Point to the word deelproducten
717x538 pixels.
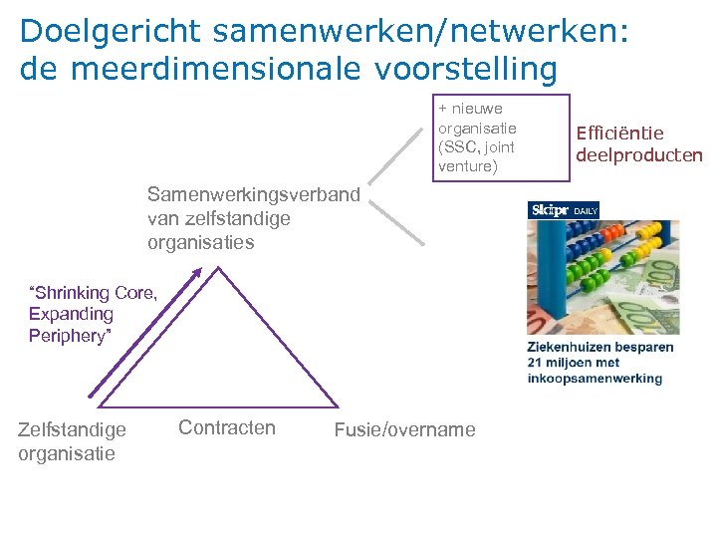point(639,154)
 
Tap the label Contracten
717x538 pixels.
point(227,427)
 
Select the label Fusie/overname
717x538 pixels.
point(405,429)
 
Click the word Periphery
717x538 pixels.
point(68,336)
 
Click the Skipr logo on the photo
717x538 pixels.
point(549,210)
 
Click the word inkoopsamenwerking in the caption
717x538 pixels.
point(596,378)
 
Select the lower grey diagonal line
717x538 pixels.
point(397,221)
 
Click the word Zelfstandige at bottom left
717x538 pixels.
point(72,429)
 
